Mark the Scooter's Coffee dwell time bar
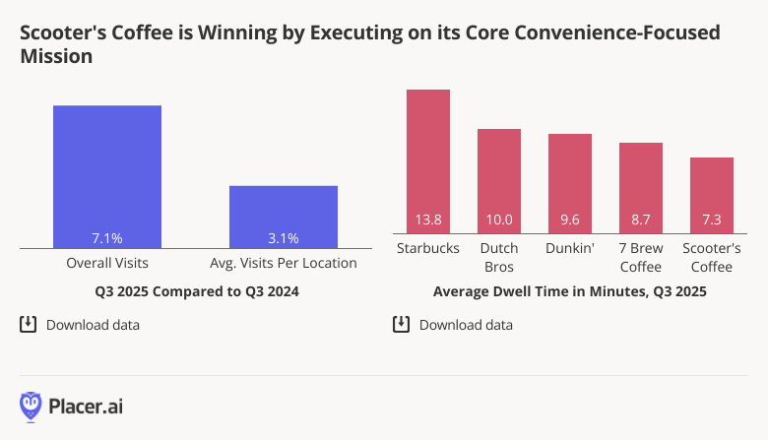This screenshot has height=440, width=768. pyautogui.click(x=712, y=196)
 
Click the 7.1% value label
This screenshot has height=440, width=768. pyautogui.click(x=107, y=238)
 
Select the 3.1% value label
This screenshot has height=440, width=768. pyautogui.click(x=284, y=238)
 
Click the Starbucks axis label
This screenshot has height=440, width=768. pyautogui.click(x=428, y=248)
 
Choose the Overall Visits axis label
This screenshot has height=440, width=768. pyautogui.click(x=107, y=264)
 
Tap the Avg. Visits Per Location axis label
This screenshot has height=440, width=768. pyautogui.click(x=284, y=264)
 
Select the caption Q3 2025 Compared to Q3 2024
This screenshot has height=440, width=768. pyautogui.click(x=197, y=292)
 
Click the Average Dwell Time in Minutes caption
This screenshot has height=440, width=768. pyautogui.click(x=569, y=292)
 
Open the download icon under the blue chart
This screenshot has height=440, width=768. pyautogui.click(x=29, y=324)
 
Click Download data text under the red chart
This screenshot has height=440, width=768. pyautogui.click(x=466, y=325)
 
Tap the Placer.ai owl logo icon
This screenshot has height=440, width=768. pyautogui.click(x=31, y=406)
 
